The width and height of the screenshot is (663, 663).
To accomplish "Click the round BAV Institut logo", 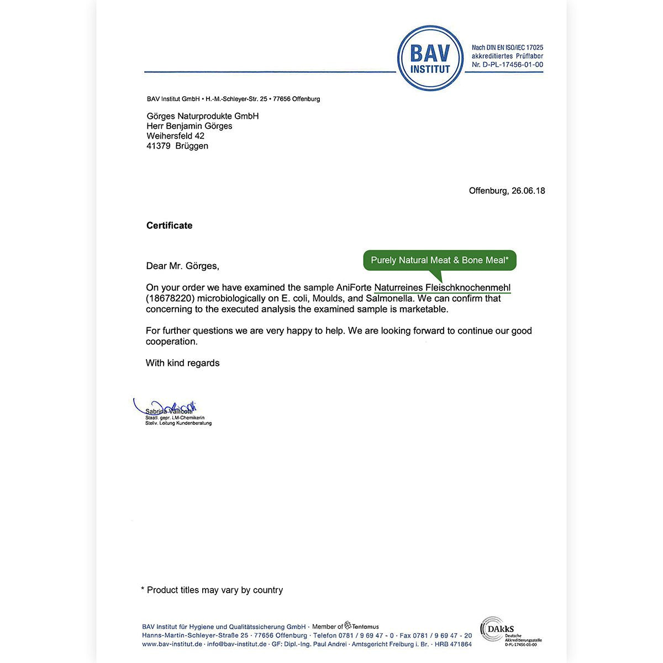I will (430, 58).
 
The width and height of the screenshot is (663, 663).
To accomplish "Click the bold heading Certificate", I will (169, 225).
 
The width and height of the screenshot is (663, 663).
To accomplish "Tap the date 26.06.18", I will (528, 191).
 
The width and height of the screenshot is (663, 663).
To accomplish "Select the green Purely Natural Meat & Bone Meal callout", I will (439, 260).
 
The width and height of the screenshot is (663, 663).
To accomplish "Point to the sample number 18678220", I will (171, 298).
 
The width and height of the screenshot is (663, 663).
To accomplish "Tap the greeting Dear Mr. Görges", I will (182, 266).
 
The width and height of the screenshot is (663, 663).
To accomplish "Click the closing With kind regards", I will (182, 363).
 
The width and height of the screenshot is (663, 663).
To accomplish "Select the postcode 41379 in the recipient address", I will (159, 146).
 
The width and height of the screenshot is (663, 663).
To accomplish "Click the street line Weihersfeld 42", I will (175, 136).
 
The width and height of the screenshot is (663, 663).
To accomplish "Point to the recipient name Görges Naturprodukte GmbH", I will (202, 116).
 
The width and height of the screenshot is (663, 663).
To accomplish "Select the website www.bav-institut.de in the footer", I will (172, 644).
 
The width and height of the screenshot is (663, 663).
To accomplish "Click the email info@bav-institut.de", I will (236, 644).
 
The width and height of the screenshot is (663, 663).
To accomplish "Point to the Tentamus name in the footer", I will (365, 627).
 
